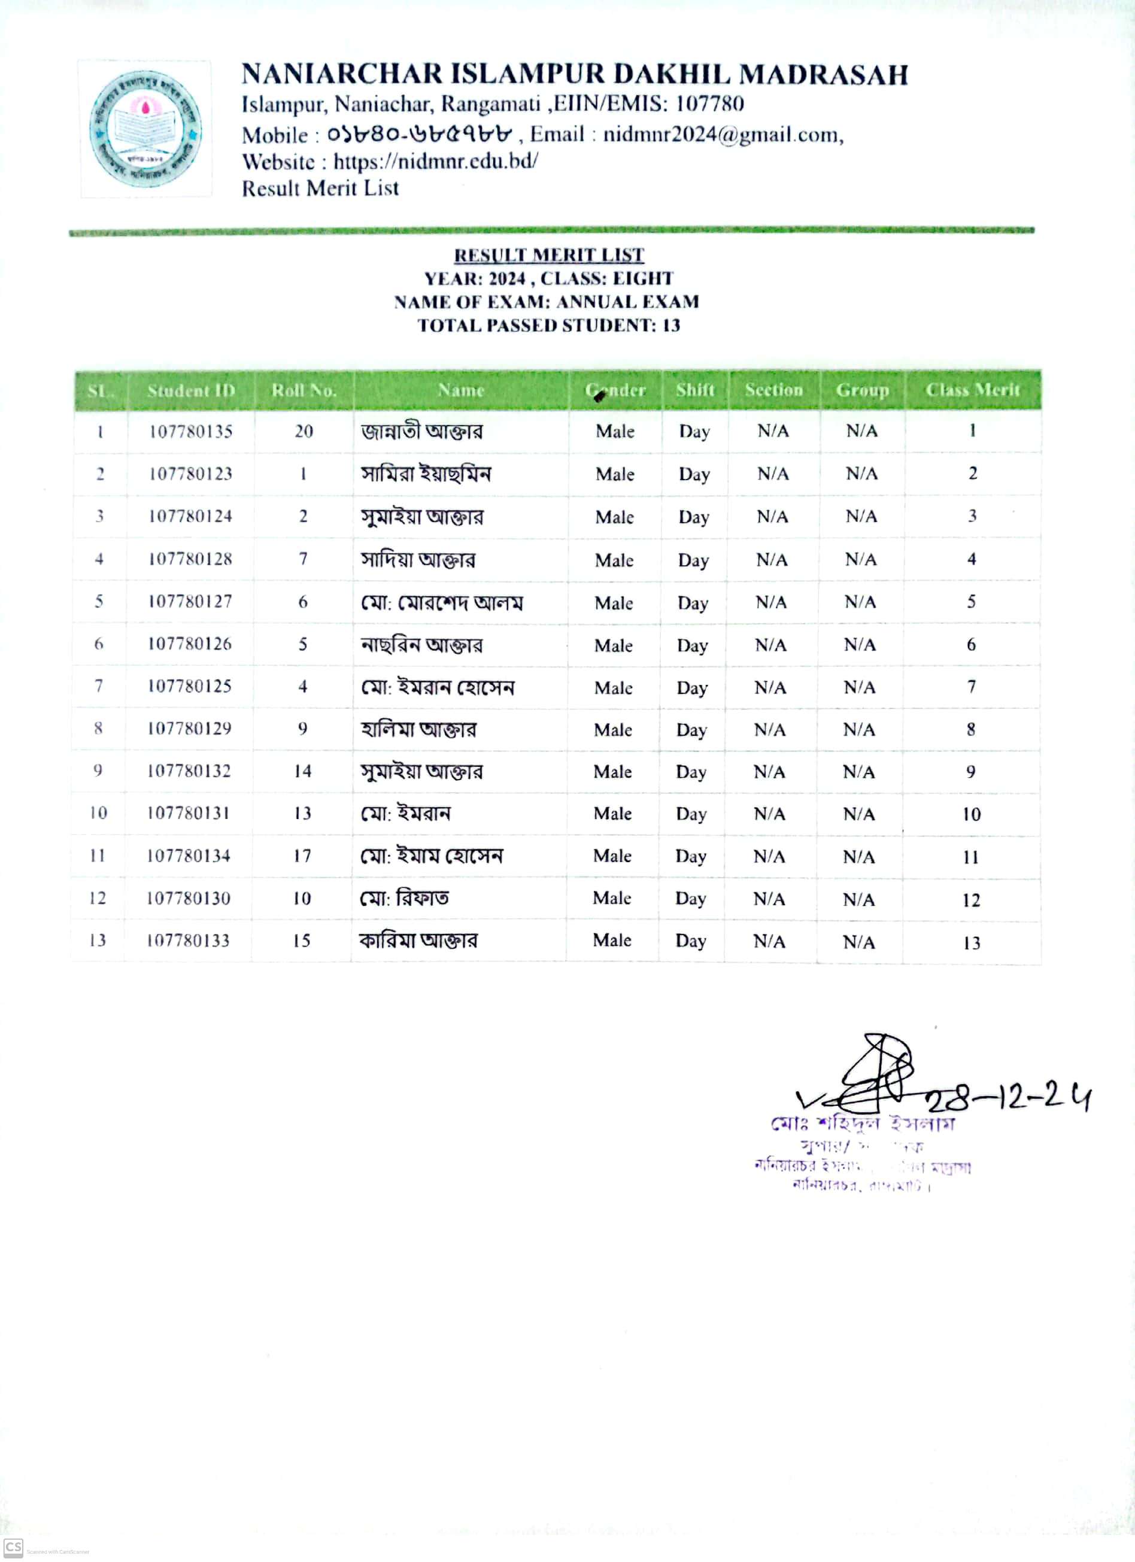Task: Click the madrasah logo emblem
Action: (145, 129)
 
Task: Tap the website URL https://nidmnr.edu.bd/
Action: (435, 161)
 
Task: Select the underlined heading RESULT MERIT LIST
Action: (548, 255)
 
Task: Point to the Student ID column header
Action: (191, 390)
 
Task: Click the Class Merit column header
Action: (972, 390)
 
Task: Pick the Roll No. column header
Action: (304, 390)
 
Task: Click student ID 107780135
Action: (191, 432)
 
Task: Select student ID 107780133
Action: (187, 940)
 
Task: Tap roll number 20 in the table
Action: (304, 431)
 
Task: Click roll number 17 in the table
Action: (302, 856)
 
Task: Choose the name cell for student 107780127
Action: (441, 603)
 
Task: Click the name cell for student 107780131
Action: (406, 814)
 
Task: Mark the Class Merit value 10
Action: (971, 814)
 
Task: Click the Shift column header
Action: (695, 390)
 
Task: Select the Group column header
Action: (861, 390)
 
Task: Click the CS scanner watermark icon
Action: (13, 1548)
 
